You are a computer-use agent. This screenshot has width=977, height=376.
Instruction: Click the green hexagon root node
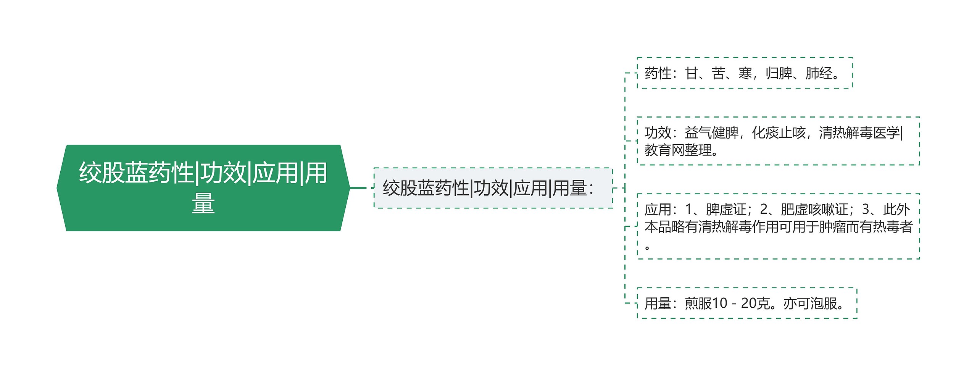[x=203, y=187]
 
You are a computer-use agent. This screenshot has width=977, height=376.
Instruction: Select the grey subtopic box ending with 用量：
[x=493, y=188]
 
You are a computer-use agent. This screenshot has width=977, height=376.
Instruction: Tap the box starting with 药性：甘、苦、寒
[x=744, y=73]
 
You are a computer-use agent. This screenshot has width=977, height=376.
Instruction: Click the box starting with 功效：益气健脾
[x=778, y=141]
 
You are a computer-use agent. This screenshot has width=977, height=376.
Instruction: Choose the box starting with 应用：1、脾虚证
[x=778, y=226]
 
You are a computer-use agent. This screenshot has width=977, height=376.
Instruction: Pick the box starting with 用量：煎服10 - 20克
[x=746, y=303]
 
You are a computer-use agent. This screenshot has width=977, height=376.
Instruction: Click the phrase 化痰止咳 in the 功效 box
[x=779, y=133]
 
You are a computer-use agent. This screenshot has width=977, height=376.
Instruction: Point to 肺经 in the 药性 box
[x=819, y=73]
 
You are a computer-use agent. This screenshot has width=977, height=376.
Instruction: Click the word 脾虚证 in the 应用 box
[x=726, y=209]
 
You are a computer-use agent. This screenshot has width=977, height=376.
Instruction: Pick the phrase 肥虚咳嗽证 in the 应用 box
[x=814, y=209]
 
